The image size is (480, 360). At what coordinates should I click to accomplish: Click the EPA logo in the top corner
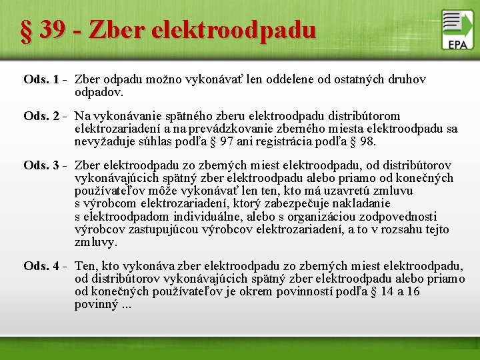click(x=457, y=29)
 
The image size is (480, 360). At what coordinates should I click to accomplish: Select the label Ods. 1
click(x=41, y=80)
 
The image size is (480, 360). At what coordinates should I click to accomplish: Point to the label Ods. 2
click(x=41, y=116)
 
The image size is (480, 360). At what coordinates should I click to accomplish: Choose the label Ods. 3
click(x=41, y=165)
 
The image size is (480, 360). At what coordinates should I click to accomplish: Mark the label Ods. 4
click(x=41, y=267)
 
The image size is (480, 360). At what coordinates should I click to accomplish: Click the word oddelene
click(x=290, y=80)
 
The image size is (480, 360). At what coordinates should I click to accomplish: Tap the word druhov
click(x=406, y=80)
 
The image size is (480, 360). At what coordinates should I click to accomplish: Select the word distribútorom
click(x=363, y=116)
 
